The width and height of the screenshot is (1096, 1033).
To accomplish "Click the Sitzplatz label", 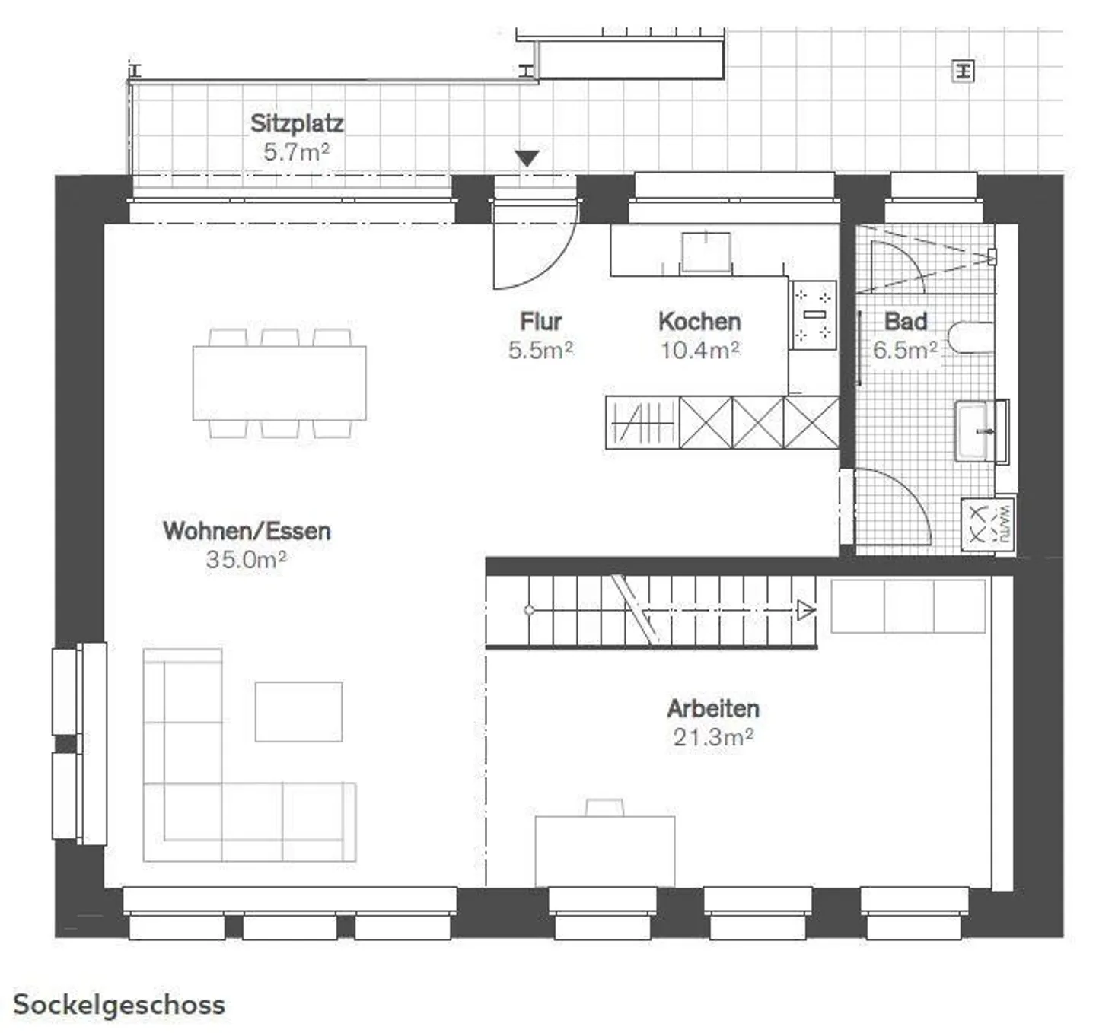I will pyautogui.click(x=297, y=123).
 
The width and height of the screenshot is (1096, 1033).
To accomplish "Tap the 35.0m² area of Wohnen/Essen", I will pyautogui.click(x=246, y=560).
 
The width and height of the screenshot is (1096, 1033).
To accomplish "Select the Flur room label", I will pyautogui.click(x=540, y=321).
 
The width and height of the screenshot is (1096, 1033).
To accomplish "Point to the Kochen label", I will pyautogui.click(x=699, y=321).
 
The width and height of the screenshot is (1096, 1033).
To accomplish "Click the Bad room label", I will pyautogui.click(x=905, y=321).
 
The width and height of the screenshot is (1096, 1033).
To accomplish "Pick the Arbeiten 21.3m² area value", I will pyautogui.click(x=713, y=737).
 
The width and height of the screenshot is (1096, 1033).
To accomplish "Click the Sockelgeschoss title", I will pyautogui.click(x=119, y=1004).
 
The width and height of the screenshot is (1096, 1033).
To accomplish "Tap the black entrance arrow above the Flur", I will pyautogui.click(x=527, y=157).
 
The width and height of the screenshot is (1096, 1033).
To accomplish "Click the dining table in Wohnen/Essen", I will pyautogui.click(x=279, y=383).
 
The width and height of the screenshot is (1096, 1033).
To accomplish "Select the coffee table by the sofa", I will pyautogui.click(x=298, y=711).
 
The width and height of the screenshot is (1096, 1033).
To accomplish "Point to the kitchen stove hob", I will pyautogui.click(x=814, y=314).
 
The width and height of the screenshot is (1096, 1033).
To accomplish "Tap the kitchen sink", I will pyautogui.click(x=706, y=252).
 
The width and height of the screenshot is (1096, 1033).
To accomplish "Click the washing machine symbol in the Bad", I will pyautogui.click(x=988, y=523).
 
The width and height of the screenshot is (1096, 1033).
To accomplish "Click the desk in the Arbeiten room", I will pyautogui.click(x=605, y=850).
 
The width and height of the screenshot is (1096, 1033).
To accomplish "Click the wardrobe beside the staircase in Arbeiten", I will pyautogui.click(x=908, y=605).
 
